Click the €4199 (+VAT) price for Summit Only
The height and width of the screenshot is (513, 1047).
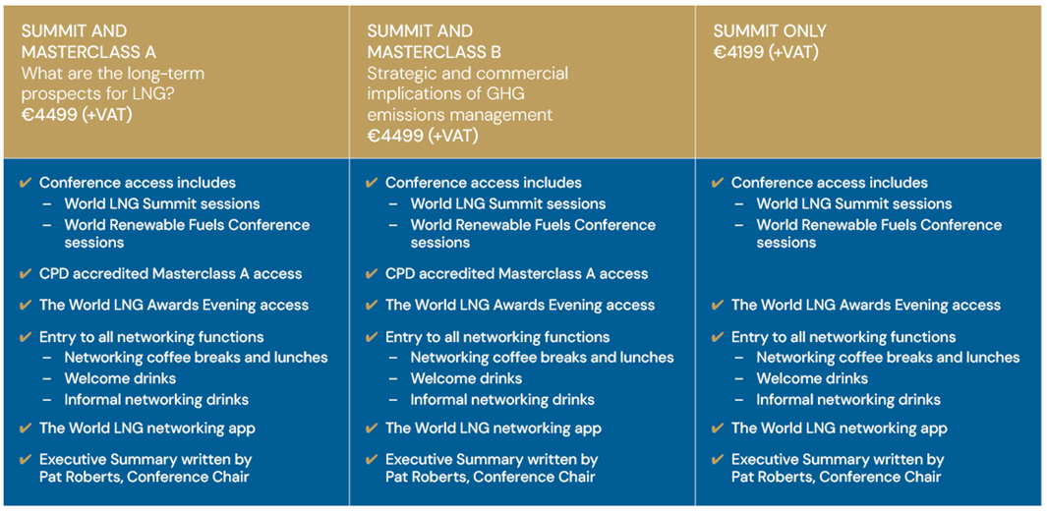pos(766,52)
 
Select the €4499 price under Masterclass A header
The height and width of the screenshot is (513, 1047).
pos(77,115)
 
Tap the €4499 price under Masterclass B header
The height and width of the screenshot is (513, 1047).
pos(423,136)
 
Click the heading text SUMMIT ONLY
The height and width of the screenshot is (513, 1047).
pos(770,31)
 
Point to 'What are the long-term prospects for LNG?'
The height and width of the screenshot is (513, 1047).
pos(113,84)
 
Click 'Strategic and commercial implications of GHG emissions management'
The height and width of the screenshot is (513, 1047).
pos(467,93)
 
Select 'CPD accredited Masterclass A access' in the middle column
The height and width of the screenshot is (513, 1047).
pos(517,273)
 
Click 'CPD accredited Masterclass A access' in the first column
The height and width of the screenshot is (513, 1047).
pos(170,273)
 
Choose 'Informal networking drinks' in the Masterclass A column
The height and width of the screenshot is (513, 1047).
pos(156,400)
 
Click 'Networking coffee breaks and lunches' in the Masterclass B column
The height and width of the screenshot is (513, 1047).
pos(543,358)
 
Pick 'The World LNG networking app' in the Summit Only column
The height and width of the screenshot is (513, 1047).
pos(840,428)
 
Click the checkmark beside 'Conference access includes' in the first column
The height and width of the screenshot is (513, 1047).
pos(26,183)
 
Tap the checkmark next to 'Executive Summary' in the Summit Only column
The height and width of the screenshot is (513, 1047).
pos(718,460)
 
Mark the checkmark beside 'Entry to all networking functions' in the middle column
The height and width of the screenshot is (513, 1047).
pos(372,337)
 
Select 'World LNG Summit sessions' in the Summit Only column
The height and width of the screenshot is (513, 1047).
pos(854,203)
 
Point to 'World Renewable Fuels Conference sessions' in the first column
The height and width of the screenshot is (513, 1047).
pos(187,234)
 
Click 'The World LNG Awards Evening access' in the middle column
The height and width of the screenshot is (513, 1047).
pos(520,305)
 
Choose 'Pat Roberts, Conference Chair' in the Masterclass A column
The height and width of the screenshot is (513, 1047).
pos(145,477)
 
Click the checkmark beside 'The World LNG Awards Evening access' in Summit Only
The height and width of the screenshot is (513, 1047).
pos(718,306)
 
